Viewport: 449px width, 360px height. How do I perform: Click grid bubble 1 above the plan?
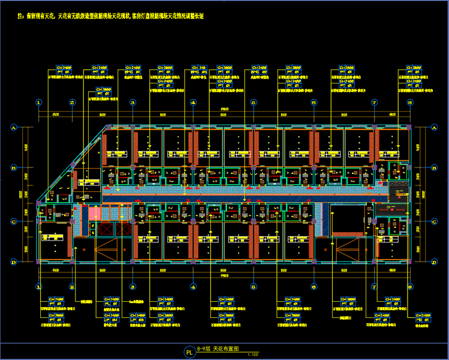tap(38, 103)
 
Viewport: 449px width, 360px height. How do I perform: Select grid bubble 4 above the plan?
tap(193, 103)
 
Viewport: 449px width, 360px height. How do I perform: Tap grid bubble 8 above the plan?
tap(410, 103)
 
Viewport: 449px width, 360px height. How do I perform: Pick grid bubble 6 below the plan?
tap(314, 287)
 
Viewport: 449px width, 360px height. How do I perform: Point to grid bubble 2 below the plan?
tap(72, 287)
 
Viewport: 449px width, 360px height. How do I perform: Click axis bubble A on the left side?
tap(13, 127)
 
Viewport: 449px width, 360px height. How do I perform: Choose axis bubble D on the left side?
tap(13, 262)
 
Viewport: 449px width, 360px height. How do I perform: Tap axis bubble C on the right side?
tap(434, 221)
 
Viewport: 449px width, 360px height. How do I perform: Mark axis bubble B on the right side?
tap(434, 169)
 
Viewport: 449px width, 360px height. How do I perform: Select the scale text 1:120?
tap(252, 355)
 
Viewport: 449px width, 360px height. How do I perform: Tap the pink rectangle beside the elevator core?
tap(93, 214)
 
